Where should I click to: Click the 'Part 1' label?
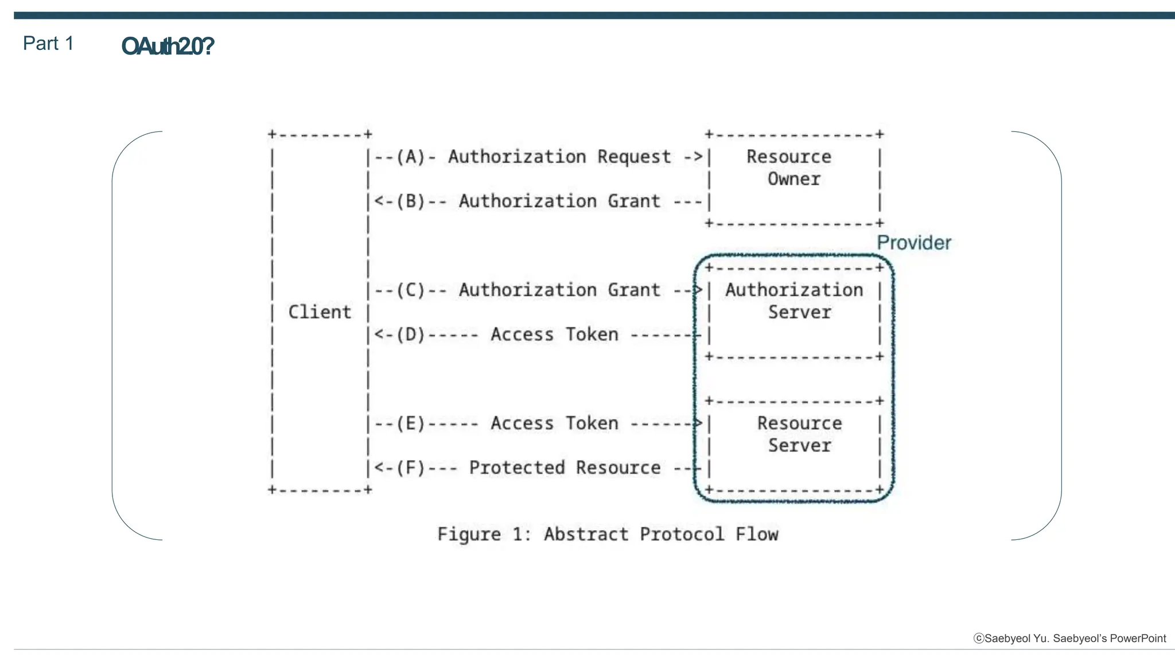coord(48,44)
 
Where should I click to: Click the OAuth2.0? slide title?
coord(167,46)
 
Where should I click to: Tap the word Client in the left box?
coord(319,312)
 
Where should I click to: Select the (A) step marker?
coord(411,157)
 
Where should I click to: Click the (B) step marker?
coord(411,201)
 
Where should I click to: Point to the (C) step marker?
coord(411,290)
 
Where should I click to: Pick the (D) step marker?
coord(411,335)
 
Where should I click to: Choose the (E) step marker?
coord(411,423)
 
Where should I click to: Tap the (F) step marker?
coord(411,468)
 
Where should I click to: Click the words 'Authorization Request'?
coord(559,157)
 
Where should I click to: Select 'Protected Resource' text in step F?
coord(565,468)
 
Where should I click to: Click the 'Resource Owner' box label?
coord(791,168)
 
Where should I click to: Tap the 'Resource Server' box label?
coord(799,434)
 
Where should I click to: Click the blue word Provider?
coord(913,243)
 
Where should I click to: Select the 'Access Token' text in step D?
coord(554,335)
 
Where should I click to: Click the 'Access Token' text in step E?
coord(554,423)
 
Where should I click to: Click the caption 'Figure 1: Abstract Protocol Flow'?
coord(608,534)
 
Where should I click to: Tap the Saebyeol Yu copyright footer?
coord(1069,639)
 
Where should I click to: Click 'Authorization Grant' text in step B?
coord(559,201)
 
